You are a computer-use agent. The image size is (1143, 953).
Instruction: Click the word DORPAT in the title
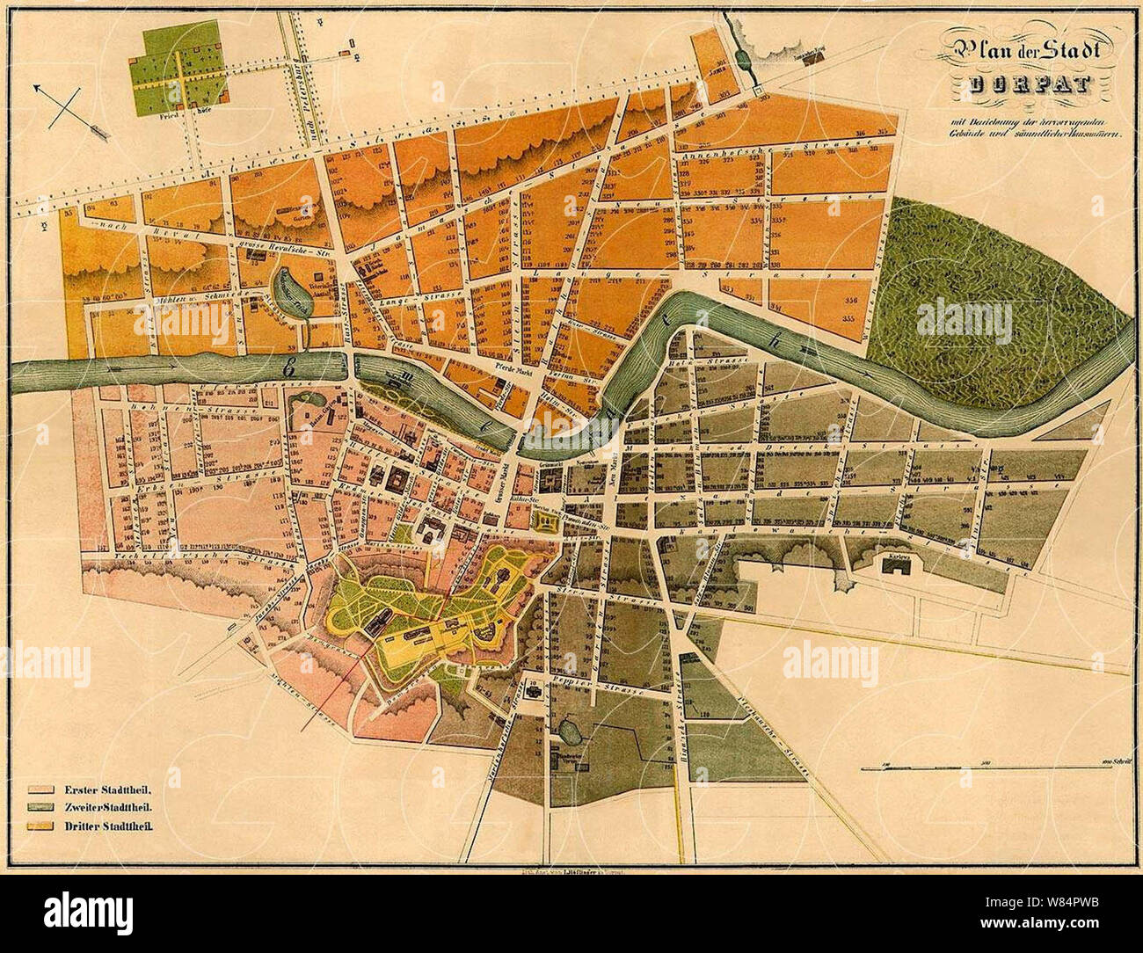pos(1030,85)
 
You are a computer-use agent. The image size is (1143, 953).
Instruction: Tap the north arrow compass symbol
pos(70,111)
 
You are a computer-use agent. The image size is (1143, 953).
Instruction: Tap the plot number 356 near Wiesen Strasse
pos(849,301)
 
